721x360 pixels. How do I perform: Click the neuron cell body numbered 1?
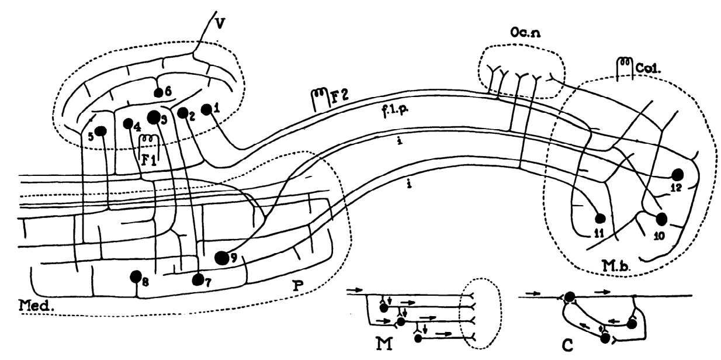point(206,109)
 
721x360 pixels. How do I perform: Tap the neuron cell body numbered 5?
point(101,131)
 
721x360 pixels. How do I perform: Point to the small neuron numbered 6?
point(157,92)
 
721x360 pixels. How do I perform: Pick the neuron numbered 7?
point(199,280)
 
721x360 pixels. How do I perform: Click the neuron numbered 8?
point(136,276)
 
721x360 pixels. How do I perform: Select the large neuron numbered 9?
point(221,258)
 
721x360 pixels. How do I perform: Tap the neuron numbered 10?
point(661,219)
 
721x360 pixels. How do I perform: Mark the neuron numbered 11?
point(599,219)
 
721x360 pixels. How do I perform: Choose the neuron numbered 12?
point(678,174)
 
